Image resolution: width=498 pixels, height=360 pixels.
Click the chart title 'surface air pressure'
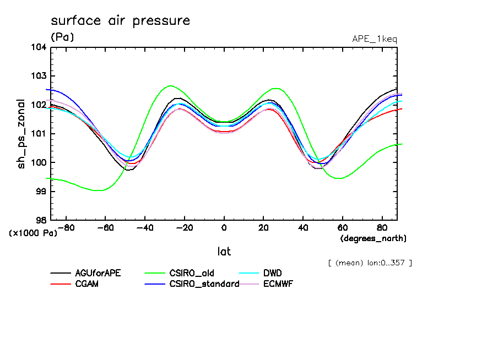tap(120, 21)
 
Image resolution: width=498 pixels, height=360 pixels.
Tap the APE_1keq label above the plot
tap(374, 39)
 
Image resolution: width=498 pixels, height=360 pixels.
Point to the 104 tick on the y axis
tap(40, 47)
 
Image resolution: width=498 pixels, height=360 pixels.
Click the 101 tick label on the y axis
tap(40, 134)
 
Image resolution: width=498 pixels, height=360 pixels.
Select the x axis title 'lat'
tap(224, 252)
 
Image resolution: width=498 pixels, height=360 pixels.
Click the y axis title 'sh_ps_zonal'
tap(21, 134)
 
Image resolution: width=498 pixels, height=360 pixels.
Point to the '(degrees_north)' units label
tap(373, 238)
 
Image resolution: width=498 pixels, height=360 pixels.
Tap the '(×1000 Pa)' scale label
tap(33, 233)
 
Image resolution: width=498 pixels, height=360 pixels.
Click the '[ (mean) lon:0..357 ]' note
tap(369, 263)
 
